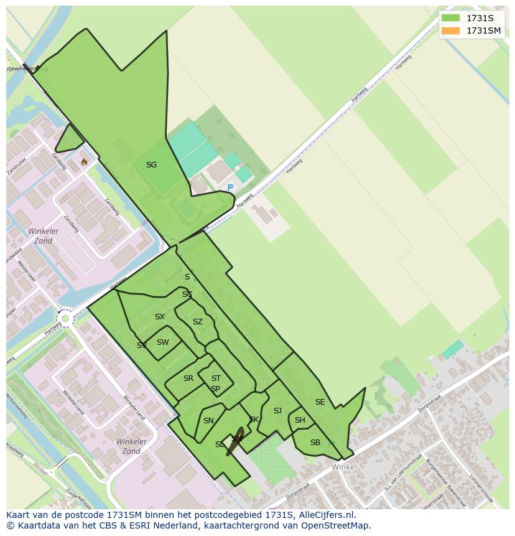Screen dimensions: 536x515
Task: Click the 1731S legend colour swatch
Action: tap(451, 18)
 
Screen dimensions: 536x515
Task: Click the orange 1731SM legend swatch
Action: tap(451, 31)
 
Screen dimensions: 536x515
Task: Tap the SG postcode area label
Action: tap(151, 165)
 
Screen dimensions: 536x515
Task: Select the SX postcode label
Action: tap(160, 317)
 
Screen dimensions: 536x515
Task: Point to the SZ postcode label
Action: tap(198, 322)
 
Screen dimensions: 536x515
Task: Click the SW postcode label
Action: tap(163, 342)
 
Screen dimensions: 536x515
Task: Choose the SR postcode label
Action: tap(188, 378)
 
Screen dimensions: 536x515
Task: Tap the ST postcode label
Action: tap(216, 378)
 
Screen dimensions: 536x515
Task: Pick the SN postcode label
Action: tap(208, 421)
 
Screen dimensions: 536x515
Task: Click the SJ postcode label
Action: tap(277, 411)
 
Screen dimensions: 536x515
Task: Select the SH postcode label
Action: tap(300, 420)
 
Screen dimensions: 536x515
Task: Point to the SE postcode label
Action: tap(320, 402)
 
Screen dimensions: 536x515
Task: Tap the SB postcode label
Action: tap(315, 443)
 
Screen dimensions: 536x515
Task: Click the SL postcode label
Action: tap(220, 444)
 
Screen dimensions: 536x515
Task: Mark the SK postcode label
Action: tap(254, 420)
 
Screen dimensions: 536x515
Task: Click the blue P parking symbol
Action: tap(230, 187)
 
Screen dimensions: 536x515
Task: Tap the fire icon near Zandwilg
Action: tap(84, 162)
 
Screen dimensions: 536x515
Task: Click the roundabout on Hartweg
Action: tap(65, 319)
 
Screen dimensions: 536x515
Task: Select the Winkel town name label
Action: tap(344, 467)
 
